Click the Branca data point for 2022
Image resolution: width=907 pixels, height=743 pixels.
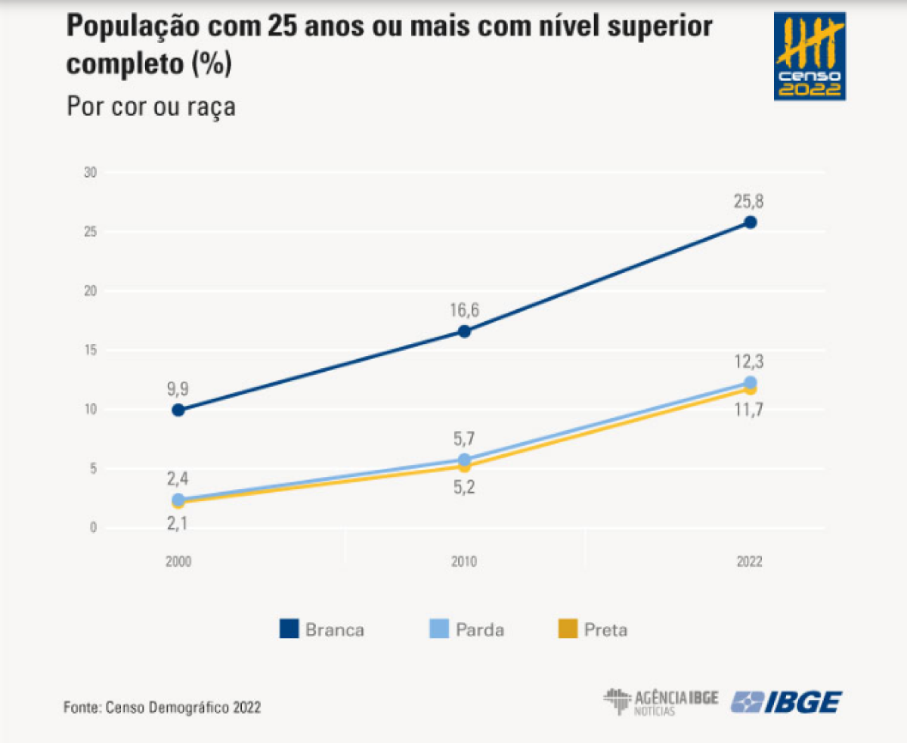tap(750, 222)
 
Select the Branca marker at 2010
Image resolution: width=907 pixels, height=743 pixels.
tap(464, 331)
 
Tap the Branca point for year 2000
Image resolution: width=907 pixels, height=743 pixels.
tap(178, 410)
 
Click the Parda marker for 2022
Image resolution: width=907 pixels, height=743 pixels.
tap(750, 382)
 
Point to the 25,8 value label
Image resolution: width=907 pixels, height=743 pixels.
tap(750, 202)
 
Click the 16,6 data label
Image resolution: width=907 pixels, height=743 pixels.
tap(464, 311)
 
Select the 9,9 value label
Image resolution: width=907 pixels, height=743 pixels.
tap(178, 389)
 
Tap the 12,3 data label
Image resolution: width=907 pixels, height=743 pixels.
tap(750, 361)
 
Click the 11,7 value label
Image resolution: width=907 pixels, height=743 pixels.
tap(750, 410)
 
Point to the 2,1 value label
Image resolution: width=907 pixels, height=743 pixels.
tap(178, 522)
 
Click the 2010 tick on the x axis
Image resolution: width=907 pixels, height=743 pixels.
tap(464, 562)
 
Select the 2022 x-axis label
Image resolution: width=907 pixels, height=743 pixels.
tap(750, 562)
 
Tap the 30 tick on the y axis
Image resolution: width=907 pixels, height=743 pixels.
tap(91, 173)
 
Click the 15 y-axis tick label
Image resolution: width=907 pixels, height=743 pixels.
tap(91, 351)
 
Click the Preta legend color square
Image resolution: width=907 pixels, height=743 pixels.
tap(567, 629)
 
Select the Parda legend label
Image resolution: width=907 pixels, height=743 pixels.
tap(480, 630)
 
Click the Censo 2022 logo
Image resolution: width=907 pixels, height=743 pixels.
tap(809, 57)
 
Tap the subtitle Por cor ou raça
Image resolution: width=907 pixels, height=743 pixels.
tap(151, 106)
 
